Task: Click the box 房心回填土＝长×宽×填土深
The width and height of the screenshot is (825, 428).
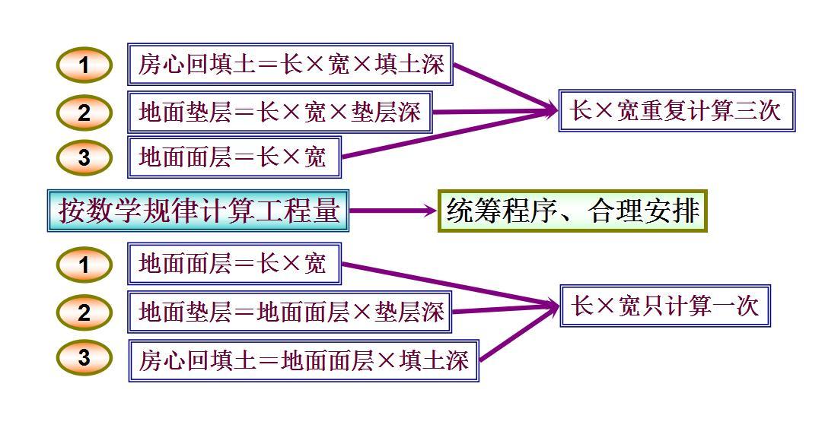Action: [291, 65]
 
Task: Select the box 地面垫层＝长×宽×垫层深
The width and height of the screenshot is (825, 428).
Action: [279, 113]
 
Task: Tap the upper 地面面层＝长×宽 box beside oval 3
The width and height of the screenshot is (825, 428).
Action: [234, 157]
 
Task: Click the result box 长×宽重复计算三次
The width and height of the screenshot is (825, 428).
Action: [677, 111]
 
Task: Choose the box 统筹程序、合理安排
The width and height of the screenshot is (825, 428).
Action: [573, 211]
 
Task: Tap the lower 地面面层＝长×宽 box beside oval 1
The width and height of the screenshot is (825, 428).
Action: [234, 264]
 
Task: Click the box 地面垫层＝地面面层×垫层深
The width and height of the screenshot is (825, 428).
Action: [290, 312]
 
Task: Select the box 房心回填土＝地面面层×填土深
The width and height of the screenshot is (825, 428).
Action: [303, 360]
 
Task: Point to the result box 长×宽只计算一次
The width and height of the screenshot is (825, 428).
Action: [665, 306]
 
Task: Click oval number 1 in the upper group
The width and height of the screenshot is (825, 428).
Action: [84, 65]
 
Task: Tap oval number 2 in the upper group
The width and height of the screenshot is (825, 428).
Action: [84, 113]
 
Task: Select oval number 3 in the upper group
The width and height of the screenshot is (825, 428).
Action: [84, 157]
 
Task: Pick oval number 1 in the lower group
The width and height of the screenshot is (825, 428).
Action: [84, 265]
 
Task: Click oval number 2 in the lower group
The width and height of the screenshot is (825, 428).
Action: [84, 312]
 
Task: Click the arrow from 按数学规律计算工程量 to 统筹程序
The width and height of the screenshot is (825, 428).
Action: [392, 211]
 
